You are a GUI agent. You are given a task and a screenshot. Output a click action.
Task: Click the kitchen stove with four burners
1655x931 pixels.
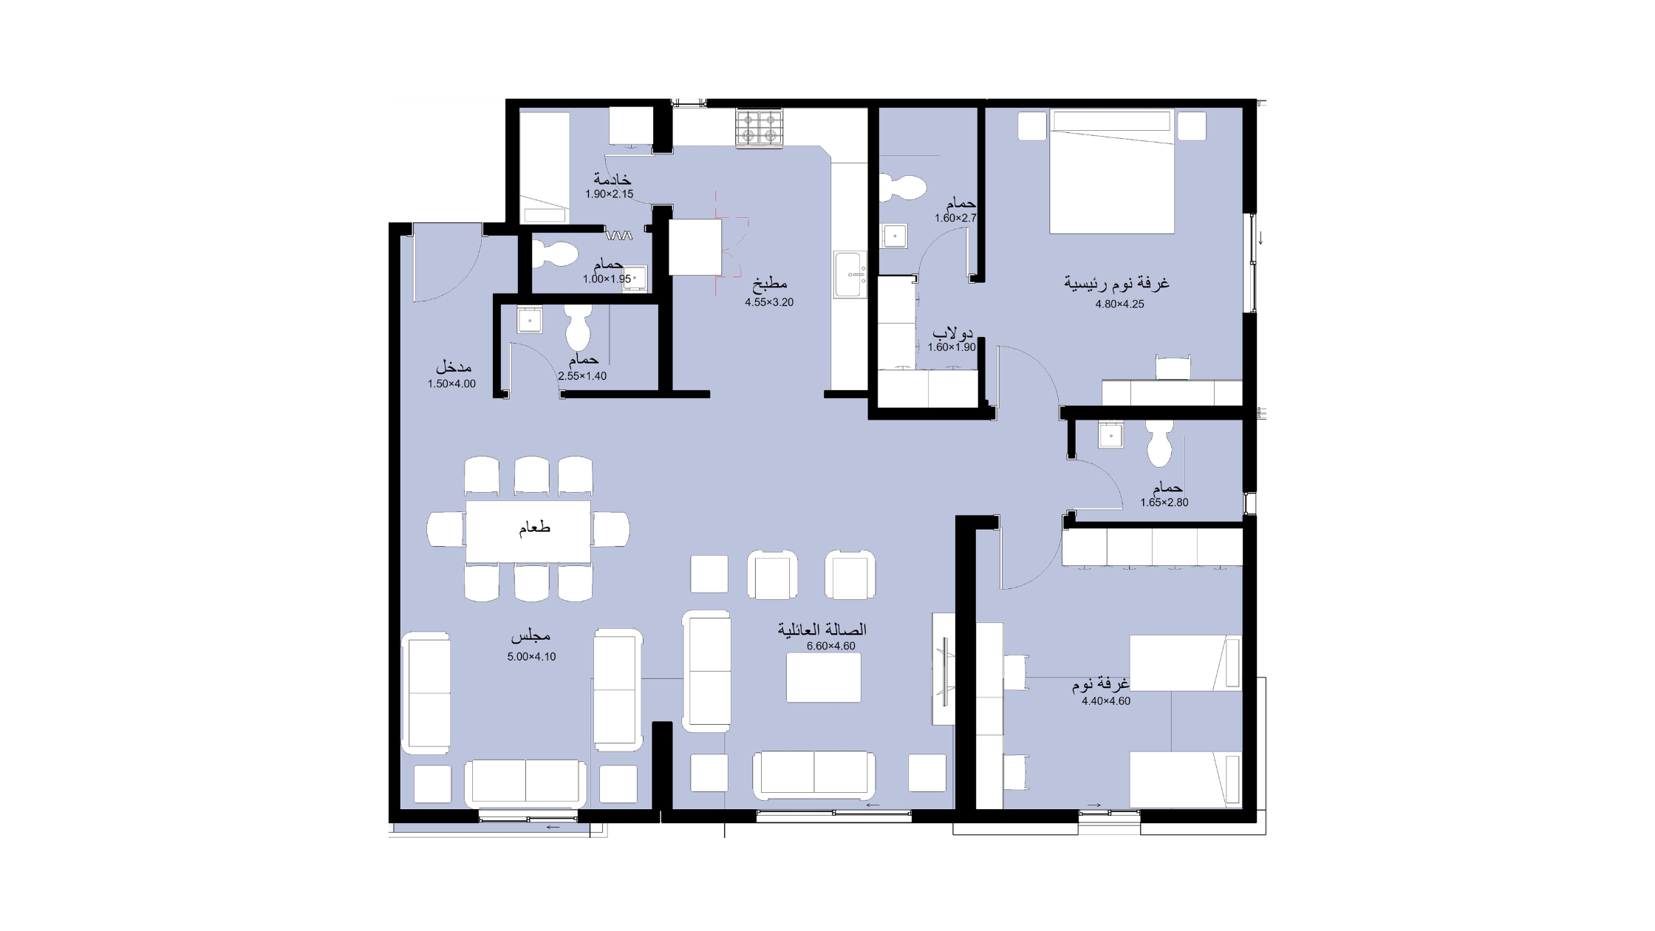[759, 128]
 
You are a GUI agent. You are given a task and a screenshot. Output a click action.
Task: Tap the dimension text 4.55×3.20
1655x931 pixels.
[769, 302]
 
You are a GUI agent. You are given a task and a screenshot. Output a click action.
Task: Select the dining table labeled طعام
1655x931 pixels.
[528, 531]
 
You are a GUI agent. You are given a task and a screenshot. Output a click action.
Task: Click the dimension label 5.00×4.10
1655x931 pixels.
[531, 656]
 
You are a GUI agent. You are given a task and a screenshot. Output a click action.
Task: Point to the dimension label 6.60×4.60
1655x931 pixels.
[830, 646]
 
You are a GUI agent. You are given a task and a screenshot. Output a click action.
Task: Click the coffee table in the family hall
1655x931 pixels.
[823, 678]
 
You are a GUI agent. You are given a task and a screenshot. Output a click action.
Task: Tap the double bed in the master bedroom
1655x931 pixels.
[1112, 171]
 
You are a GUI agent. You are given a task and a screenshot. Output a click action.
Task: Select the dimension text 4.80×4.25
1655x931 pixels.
[1119, 304]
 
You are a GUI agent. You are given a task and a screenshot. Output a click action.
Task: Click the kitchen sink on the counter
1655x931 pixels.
[850, 275]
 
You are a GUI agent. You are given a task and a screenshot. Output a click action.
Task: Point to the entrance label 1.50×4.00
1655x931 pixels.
[451, 383]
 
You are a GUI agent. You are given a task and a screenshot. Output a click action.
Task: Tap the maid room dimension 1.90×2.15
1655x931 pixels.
[610, 194]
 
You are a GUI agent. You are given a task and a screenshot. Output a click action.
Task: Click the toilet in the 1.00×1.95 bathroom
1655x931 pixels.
[555, 254]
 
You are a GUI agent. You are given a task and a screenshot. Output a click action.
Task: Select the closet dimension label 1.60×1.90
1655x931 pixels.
[952, 347]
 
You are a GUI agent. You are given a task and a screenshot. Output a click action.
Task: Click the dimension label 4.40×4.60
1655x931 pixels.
[1106, 701]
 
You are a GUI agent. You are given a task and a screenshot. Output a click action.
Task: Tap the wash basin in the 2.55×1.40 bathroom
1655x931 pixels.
[529, 321]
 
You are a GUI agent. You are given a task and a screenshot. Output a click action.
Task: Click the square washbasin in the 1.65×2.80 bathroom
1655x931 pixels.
[1110, 435]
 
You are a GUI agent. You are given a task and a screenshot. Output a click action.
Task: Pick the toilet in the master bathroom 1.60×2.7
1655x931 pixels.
[902, 188]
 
